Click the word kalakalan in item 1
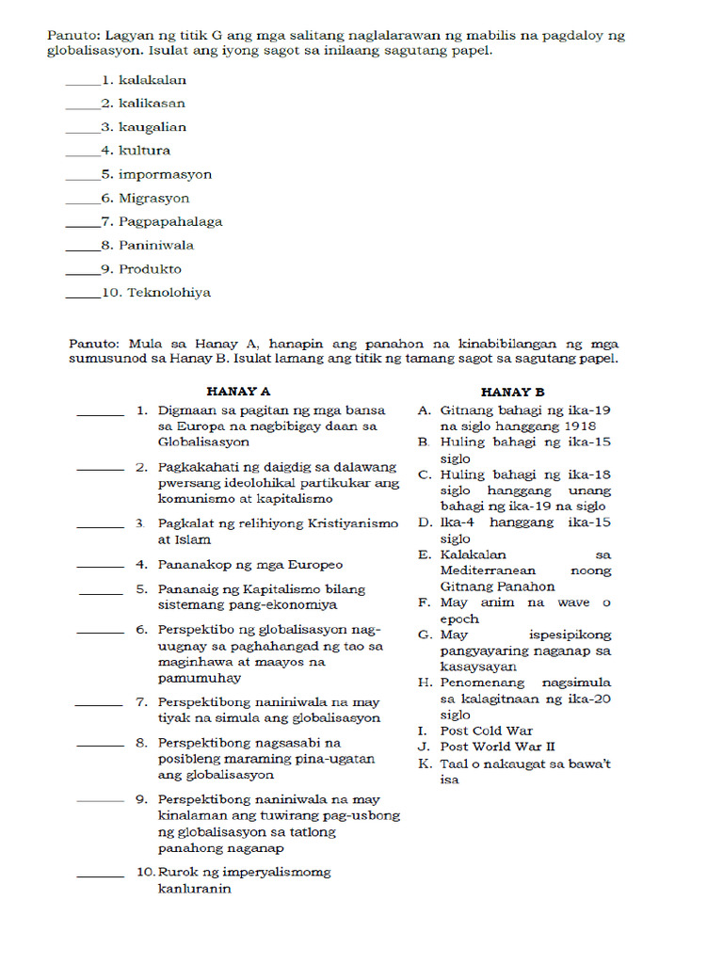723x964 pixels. [153, 80]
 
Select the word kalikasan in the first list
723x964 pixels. [152, 104]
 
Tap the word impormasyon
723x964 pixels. [165, 174]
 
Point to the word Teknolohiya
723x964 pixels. [169, 293]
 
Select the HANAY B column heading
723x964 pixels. [512, 392]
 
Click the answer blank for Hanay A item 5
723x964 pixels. [102, 592]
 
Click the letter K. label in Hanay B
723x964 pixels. [424, 763]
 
